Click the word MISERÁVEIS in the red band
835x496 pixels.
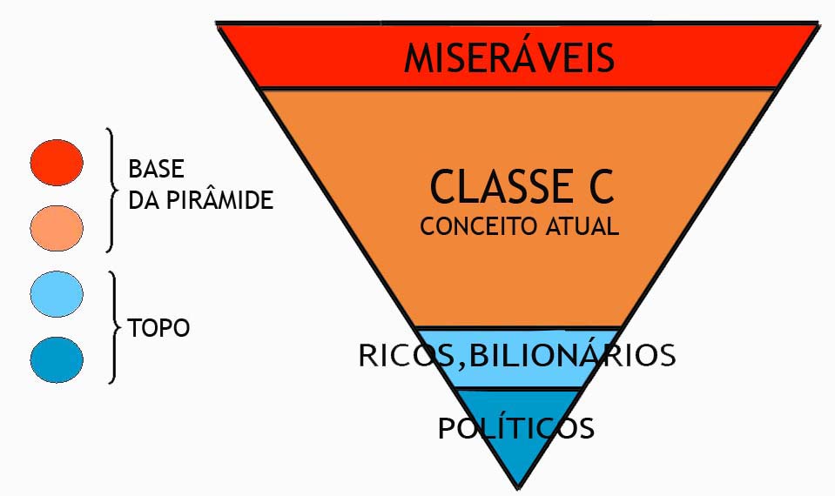[x=509, y=57]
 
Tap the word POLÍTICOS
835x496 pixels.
[x=516, y=428]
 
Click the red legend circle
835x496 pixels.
[x=57, y=163]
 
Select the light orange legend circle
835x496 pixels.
[x=57, y=228]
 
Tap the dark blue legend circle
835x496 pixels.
[x=57, y=359]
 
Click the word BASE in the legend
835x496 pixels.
[x=156, y=169]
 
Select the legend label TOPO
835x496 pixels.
[x=158, y=328]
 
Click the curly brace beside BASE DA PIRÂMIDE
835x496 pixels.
[x=111, y=190]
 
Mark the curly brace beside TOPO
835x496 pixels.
[x=113, y=327]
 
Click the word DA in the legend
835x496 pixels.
[x=141, y=201]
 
